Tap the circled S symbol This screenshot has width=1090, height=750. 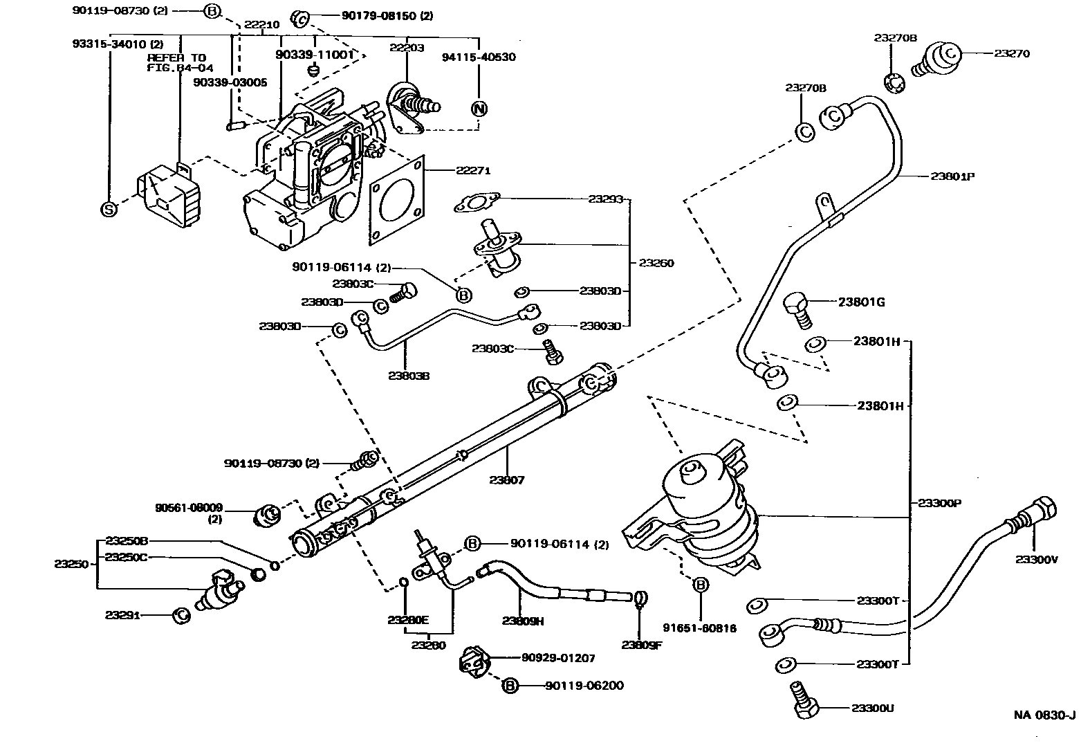point(109,209)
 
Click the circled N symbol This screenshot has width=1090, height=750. point(479,109)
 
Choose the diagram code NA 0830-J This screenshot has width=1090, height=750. point(1044,715)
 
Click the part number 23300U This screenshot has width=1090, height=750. point(873,708)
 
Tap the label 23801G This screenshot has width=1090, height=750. point(861,302)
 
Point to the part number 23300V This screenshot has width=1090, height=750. point(1036,560)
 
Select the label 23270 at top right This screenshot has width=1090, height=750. point(1012,53)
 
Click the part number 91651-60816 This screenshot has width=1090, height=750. point(699,628)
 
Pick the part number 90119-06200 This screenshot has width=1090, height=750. point(584,686)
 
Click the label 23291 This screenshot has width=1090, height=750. point(122,614)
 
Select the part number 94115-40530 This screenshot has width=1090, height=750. point(479,57)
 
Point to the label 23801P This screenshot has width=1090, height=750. point(952,176)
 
